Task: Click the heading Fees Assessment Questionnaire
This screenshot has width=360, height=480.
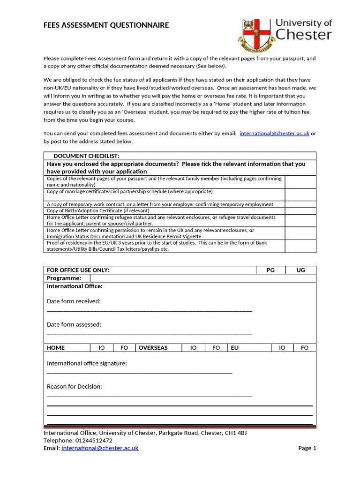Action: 106,25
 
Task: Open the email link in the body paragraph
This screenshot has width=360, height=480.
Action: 274,134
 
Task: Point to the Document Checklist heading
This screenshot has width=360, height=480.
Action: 86,156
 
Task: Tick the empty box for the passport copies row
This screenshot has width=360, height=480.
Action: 300,182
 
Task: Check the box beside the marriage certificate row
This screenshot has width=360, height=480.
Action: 300,195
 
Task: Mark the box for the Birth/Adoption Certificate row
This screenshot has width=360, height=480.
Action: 300,211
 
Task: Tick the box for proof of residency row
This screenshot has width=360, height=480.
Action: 300,246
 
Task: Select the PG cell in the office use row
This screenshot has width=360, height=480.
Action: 270,270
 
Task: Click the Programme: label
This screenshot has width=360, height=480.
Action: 64,278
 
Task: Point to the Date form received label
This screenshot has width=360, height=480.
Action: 74,301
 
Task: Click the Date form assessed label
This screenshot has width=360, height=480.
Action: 74,324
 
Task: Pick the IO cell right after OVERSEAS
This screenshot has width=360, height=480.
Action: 193,348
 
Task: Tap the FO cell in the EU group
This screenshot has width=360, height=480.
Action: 305,348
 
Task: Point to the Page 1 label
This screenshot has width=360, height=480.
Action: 307,448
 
